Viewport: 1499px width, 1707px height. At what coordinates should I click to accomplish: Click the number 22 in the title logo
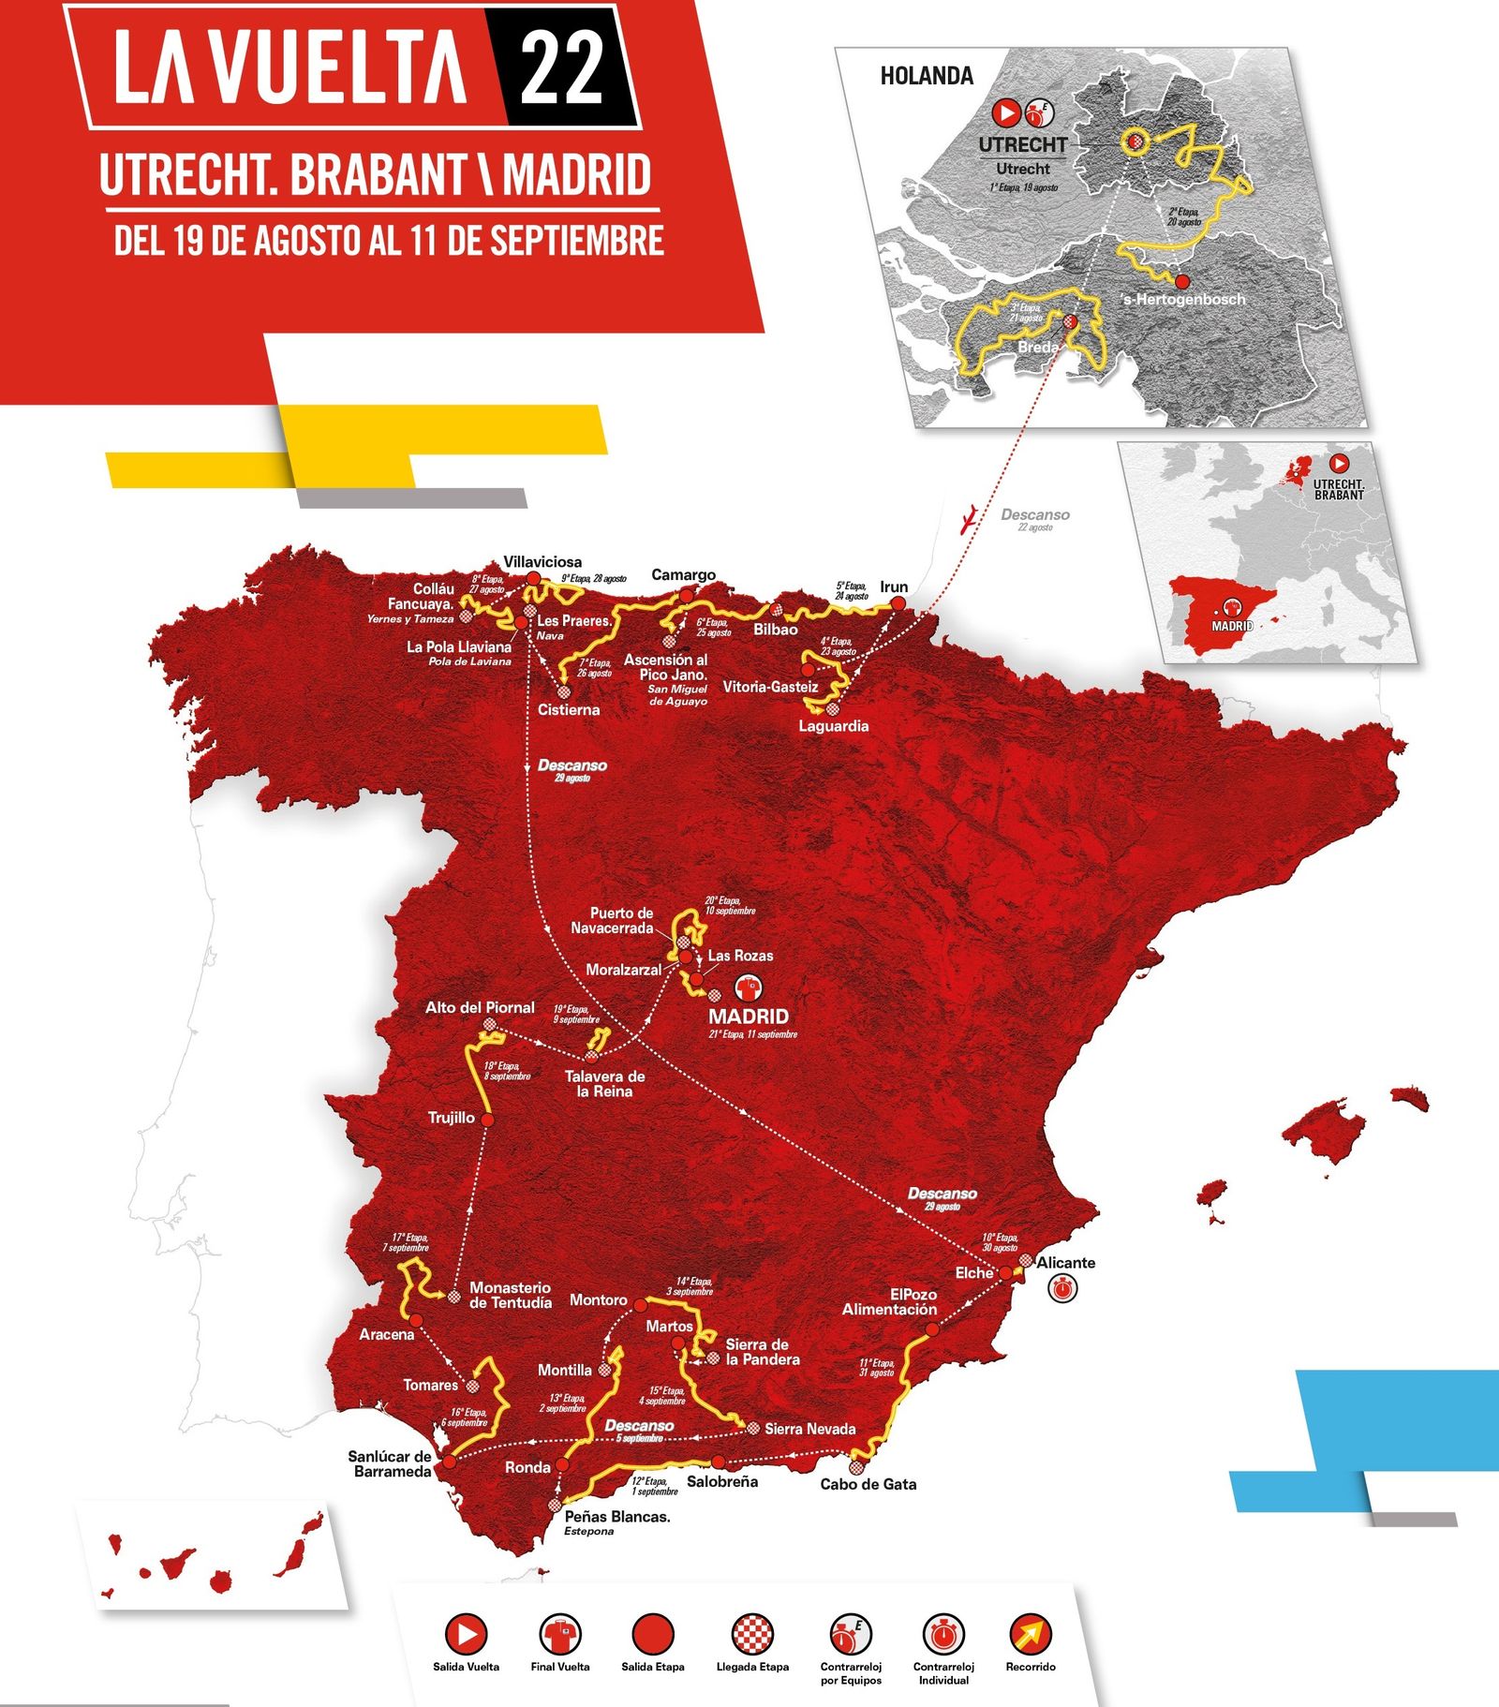pos(561,68)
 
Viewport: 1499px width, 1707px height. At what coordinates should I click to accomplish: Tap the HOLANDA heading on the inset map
pos(926,76)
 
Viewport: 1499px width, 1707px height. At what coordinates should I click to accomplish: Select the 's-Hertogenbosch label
pos(1184,300)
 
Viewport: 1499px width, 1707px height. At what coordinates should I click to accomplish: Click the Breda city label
pos(1038,347)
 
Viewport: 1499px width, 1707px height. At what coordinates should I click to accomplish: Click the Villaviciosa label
pos(542,561)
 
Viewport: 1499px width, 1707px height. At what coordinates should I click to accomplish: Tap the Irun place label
pos(894,586)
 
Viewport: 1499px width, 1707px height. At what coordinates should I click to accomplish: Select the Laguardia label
pos(833,726)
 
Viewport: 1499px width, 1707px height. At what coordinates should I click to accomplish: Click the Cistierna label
pos(569,709)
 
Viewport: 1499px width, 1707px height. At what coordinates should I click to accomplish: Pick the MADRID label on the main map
pos(748,1016)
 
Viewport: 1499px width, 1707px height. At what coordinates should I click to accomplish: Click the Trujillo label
pos(451,1118)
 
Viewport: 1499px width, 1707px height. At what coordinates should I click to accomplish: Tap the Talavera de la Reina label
pos(604,1084)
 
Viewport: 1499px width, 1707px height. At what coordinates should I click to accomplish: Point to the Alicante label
pos(1065,1262)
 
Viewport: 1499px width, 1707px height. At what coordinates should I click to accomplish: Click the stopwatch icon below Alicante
pos(1061,1289)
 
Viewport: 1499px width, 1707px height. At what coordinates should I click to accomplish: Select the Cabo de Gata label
pos(868,1484)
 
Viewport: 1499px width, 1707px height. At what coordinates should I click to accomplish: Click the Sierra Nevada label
pos(809,1429)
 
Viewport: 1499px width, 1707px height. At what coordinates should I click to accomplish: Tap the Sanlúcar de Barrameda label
pos(390,1463)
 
